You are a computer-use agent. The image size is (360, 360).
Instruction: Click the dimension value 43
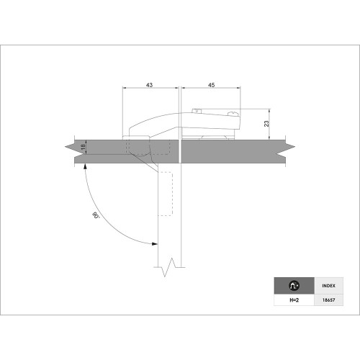[149, 85]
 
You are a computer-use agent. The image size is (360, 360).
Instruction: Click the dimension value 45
[212, 85]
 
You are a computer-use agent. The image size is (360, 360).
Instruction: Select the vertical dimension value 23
[266, 124]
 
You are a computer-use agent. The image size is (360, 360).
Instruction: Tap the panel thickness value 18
[83, 147]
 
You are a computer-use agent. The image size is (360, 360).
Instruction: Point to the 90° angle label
[96, 215]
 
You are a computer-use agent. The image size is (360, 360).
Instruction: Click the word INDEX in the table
[328, 286]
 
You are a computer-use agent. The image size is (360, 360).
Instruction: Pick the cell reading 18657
[328, 300]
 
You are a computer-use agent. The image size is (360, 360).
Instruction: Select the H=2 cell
[294, 300]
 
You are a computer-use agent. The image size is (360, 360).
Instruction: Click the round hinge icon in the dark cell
[294, 286]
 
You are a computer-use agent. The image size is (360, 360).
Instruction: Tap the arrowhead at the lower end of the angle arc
[155, 244]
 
